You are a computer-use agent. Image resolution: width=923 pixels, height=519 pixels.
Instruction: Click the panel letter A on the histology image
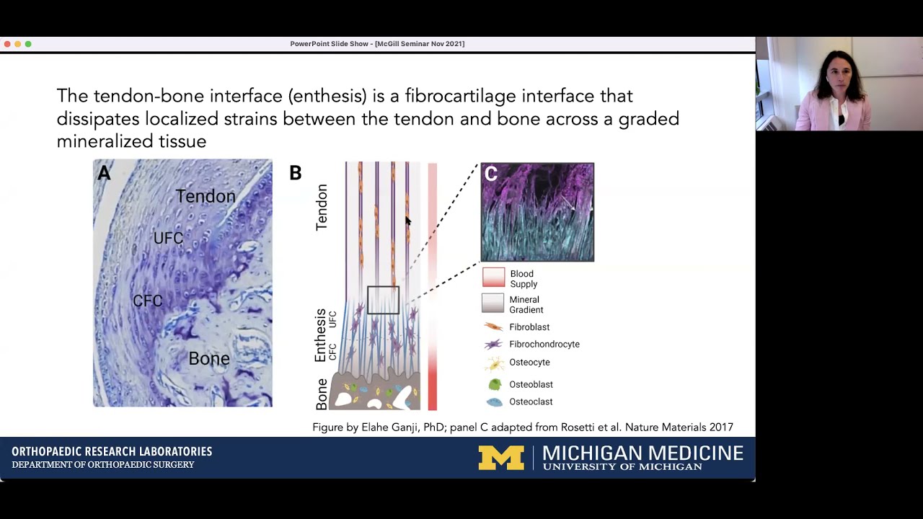coord(105,173)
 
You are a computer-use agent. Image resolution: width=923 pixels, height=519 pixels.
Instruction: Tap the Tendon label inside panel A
coord(206,196)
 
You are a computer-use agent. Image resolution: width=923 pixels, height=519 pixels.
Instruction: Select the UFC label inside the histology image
coord(168,238)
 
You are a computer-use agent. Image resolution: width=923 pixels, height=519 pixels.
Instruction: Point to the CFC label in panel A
coord(148,301)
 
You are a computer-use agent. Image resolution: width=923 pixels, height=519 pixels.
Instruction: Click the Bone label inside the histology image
coord(209,358)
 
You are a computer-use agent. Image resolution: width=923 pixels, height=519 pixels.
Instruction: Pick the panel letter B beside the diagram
coord(295,173)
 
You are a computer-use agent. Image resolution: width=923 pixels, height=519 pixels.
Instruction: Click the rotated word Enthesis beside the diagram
coord(321,335)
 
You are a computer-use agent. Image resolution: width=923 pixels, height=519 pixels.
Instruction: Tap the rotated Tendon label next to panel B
coord(322,208)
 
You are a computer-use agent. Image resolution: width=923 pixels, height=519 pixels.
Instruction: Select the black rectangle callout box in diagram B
coord(383,300)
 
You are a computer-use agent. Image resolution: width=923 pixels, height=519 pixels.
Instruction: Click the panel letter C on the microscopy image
coord(491,174)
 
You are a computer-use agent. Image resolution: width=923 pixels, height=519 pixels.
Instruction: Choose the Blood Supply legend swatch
coord(494,278)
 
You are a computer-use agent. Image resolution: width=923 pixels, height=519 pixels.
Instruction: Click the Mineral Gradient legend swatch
coord(493,303)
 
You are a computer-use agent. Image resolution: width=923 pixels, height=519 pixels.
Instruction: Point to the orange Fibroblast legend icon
coord(494,327)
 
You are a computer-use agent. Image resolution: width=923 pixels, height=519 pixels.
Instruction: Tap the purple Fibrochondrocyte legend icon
coord(494,345)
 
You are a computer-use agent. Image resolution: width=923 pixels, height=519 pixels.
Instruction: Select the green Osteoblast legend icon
coord(495,384)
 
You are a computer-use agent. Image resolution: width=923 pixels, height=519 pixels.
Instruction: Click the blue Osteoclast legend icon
coord(495,402)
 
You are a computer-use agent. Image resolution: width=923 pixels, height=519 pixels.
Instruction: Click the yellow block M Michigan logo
coord(501,458)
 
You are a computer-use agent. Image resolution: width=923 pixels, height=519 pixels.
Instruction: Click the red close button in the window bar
coord(7,44)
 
